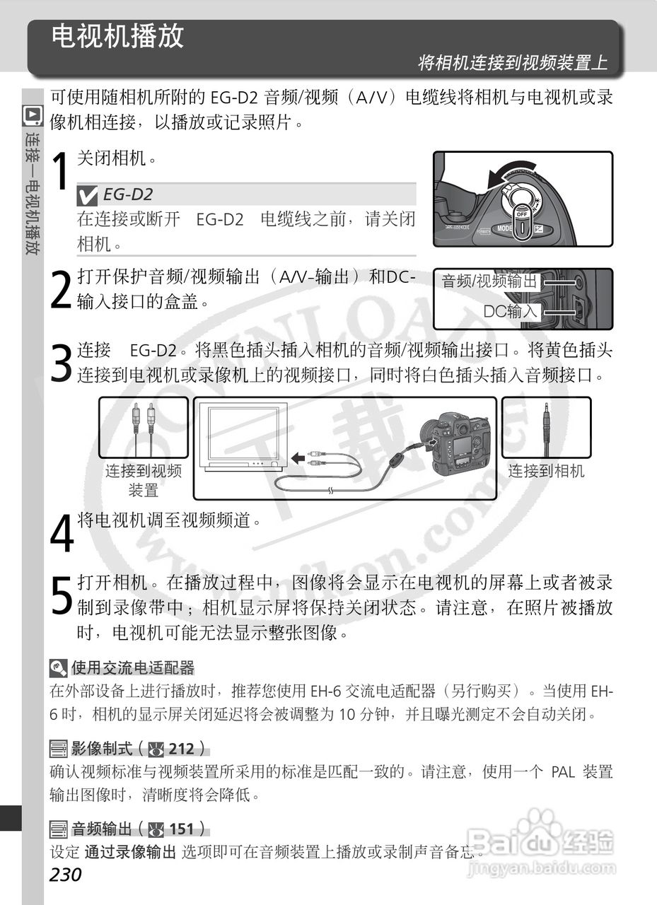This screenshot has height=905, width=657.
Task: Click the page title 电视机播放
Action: click(x=117, y=36)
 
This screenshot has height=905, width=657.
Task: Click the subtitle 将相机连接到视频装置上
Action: click(x=512, y=62)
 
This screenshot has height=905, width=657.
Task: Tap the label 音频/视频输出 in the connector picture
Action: click(x=490, y=281)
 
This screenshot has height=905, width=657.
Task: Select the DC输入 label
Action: click(x=511, y=311)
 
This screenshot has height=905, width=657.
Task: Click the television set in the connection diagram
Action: click(x=242, y=436)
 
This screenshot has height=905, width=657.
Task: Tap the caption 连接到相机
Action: click(x=546, y=471)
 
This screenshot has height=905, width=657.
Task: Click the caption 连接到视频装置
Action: click(x=144, y=480)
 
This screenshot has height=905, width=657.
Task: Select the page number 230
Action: click(x=66, y=875)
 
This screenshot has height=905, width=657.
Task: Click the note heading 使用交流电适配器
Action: click(x=132, y=667)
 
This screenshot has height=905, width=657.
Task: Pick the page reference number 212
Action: click(x=182, y=749)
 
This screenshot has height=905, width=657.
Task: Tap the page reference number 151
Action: click(x=182, y=829)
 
